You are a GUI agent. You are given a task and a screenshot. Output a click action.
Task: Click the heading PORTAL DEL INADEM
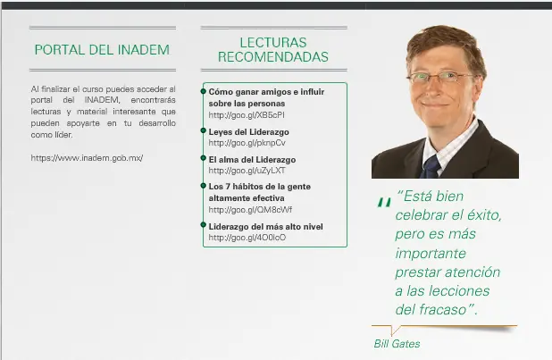click(102, 50)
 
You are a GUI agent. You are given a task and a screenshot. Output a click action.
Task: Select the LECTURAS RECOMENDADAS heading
click(273, 50)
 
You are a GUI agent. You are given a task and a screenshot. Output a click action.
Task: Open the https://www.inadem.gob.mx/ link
click(87, 158)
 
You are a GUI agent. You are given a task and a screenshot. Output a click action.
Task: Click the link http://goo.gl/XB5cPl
click(247, 115)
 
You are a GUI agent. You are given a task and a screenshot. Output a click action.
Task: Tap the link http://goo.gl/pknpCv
click(247, 143)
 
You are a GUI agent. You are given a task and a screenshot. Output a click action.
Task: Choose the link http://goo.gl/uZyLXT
click(247, 171)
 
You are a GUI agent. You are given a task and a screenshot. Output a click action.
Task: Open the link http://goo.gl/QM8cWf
click(250, 210)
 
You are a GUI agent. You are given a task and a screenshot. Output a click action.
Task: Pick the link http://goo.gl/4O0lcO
click(247, 238)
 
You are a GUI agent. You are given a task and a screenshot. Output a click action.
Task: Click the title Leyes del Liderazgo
click(248, 132)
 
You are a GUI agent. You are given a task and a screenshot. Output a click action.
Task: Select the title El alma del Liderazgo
click(252, 160)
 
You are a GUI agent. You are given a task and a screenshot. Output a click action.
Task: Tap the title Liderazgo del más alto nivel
click(266, 227)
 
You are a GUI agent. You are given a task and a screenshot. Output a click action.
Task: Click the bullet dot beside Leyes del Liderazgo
click(203, 130)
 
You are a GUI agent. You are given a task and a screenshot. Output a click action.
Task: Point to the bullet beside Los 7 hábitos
click(203, 186)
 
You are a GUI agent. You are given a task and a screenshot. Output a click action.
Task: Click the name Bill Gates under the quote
click(397, 344)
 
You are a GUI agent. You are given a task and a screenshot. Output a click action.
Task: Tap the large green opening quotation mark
click(384, 202)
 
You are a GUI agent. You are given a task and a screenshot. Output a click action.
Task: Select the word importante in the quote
click(431, 254)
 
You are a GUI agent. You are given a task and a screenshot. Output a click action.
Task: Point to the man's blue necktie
click(431, 167)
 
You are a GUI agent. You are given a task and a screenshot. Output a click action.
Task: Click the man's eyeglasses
click(440, 77)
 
